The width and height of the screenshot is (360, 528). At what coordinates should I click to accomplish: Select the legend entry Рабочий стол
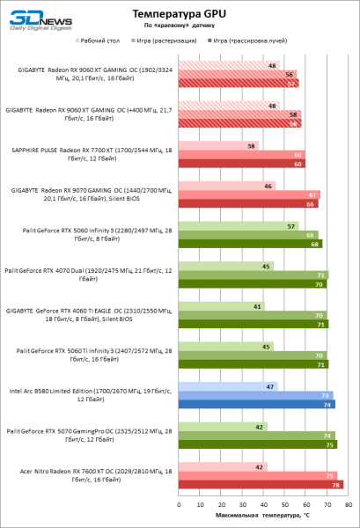pyautogui.click(x=101, y=40)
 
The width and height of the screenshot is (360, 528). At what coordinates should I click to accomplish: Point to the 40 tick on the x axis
pyautogui.click(x=263, y=505)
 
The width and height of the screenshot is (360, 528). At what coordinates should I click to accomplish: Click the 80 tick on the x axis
pyautogui.click(x=349, y=505)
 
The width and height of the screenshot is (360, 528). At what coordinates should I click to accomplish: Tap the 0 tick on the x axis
pyautogui.click(x=179, y=505)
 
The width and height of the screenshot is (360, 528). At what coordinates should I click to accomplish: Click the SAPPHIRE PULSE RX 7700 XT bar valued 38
pyautogui.click(x=218, y=146)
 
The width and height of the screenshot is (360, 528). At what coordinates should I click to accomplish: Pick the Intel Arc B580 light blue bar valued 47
pyautogui.click(x=228, y=385)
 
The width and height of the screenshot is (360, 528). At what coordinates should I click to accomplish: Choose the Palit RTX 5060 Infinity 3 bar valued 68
pyautogui.click(x=250, y=244)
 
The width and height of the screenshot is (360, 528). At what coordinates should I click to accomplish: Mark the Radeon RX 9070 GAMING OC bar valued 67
pyautogui.click(x=249, y=194)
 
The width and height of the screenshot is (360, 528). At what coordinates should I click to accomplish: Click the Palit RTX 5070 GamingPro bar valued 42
pyautogui.click(x=223, y=426)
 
